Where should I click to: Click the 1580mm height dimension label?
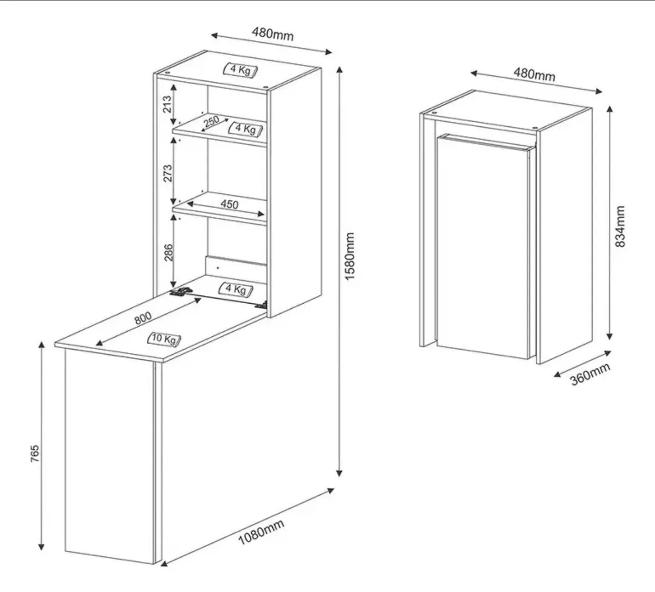tap(350, 256)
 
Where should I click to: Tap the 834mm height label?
tap(620, 226)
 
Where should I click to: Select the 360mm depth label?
tap(591, 374)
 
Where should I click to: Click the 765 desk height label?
tap(35, 453)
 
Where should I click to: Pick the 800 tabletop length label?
tap(143, 318)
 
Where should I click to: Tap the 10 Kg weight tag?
tap(164, 339)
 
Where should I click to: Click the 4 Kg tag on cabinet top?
tap(241, 70)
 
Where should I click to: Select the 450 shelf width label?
tap(230, 204)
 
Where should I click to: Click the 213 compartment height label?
tap(167, 104)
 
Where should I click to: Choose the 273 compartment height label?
tap(167, 173)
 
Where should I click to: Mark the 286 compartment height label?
tap(168, 253)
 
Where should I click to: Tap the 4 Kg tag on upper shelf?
tap(246, 129)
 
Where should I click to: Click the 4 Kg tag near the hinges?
tap(236, 290)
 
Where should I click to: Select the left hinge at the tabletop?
tap(181, 291)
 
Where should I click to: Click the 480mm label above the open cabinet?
tap(273, 34)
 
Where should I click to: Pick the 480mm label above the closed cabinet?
tap(534, 75)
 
